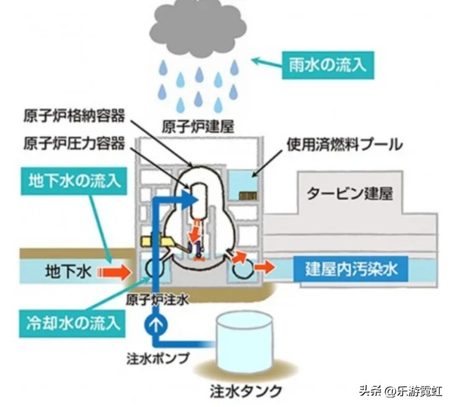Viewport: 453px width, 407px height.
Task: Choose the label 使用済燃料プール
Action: [345, 144]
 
